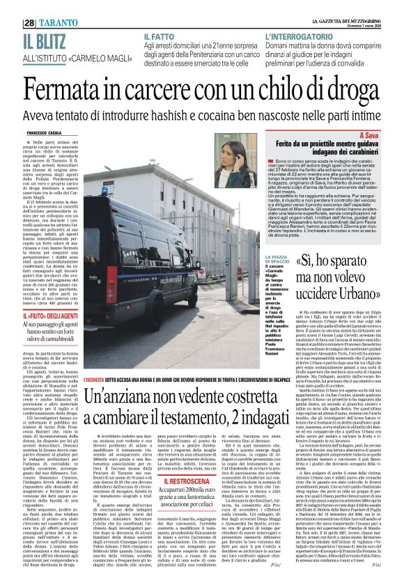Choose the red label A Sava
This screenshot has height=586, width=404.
(x=369, y=134)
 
